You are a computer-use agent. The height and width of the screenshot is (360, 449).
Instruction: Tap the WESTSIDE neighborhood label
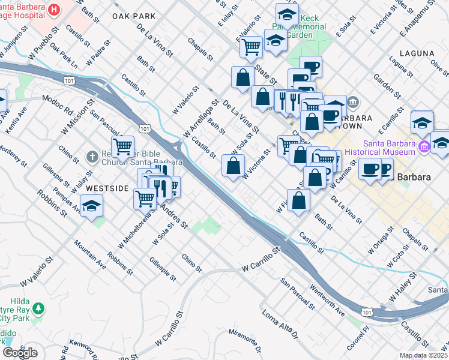(x=107, y=188)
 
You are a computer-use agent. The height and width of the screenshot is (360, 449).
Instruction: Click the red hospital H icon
(x=54, y=10)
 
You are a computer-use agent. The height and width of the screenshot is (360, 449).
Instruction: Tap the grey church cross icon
(x=91, y=156)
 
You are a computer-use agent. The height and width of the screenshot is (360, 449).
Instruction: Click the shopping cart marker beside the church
(x=122, y=146)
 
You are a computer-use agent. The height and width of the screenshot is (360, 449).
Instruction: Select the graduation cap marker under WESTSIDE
(x=91, y=207)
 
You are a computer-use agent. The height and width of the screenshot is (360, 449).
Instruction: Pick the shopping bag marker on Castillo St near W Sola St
(x=234, y=165)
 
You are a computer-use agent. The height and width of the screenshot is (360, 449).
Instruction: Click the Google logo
(x=20, y=353)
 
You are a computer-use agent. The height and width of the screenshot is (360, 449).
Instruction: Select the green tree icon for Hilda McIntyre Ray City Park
(x=38, y=308)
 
